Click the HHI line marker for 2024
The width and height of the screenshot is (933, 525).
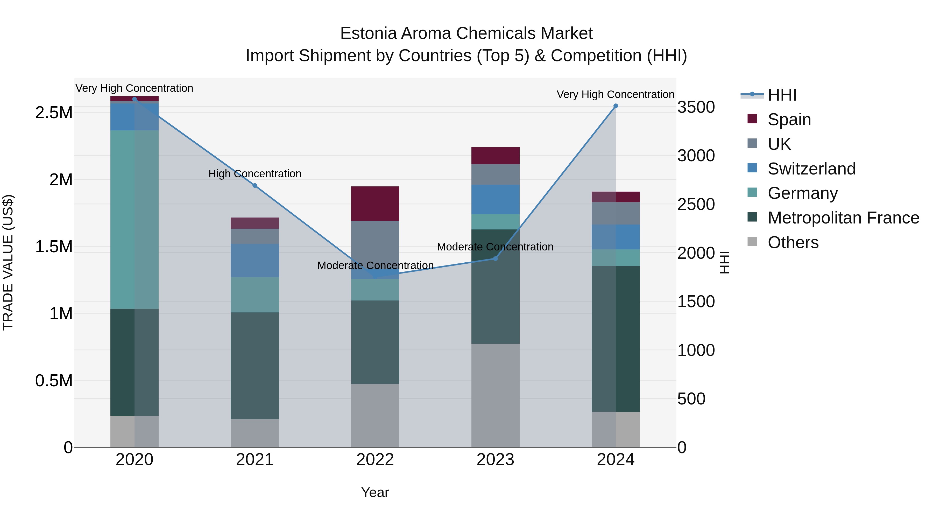[x=615, y=106]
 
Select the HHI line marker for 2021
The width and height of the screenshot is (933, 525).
[x=255, y=186]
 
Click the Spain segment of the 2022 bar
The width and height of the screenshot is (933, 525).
[x=375, y=204]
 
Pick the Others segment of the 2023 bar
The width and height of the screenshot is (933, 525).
[x=495, y=395]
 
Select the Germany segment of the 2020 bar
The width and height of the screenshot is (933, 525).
[x=134, y=219]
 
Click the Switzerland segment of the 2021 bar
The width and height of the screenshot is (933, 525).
[x=255, y=260]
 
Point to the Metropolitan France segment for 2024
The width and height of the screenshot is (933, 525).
[x=615, y=339]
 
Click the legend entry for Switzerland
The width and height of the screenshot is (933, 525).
[x=811, y=169]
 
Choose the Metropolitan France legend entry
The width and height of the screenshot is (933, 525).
[x=843, y=218]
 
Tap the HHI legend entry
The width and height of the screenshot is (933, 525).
[x=782, y=95]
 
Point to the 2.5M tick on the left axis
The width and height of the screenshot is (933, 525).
[x=54, y=113]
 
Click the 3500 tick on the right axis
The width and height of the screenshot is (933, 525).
[x=696, y=107]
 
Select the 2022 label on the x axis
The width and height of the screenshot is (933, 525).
[x=375, y=460]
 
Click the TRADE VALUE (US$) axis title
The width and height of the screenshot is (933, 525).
[x=8, y=262]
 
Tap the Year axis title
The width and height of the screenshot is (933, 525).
[x=375, y=492]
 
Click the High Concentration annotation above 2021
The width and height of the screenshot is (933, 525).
[x=255, y=174]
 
